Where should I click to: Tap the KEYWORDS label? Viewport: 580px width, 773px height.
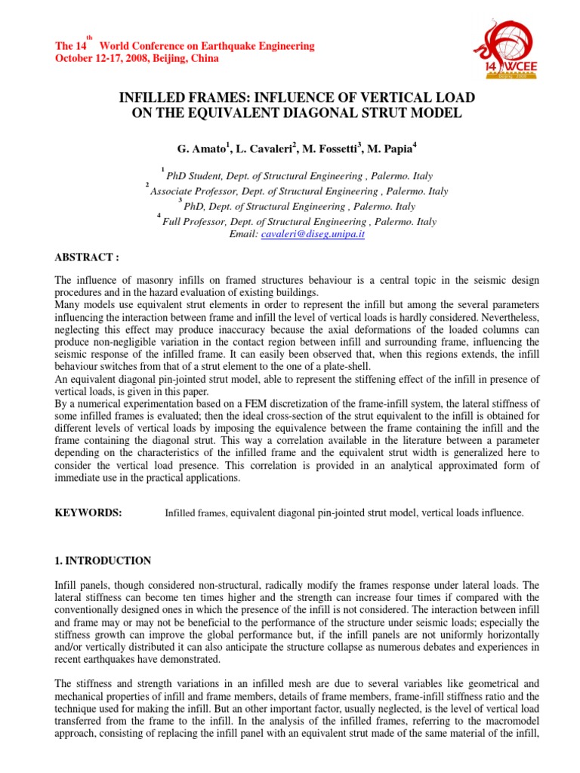pos(88,513)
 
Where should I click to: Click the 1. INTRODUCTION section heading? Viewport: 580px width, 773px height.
pos(103,561)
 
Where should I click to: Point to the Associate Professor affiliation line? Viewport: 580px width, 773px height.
pos(300,192)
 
